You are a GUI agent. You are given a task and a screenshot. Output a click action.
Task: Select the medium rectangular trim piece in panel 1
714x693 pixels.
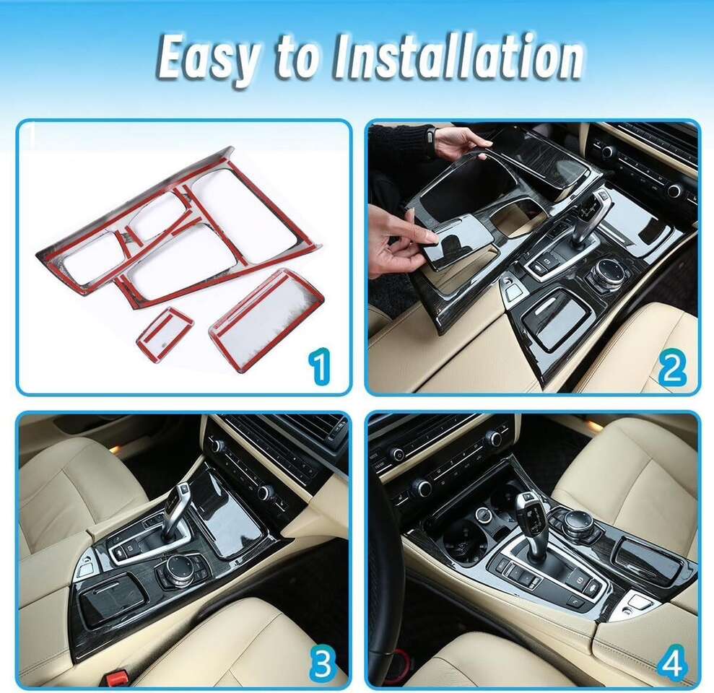266,309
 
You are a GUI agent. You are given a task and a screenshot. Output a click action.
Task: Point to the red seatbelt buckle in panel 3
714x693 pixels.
119,679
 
